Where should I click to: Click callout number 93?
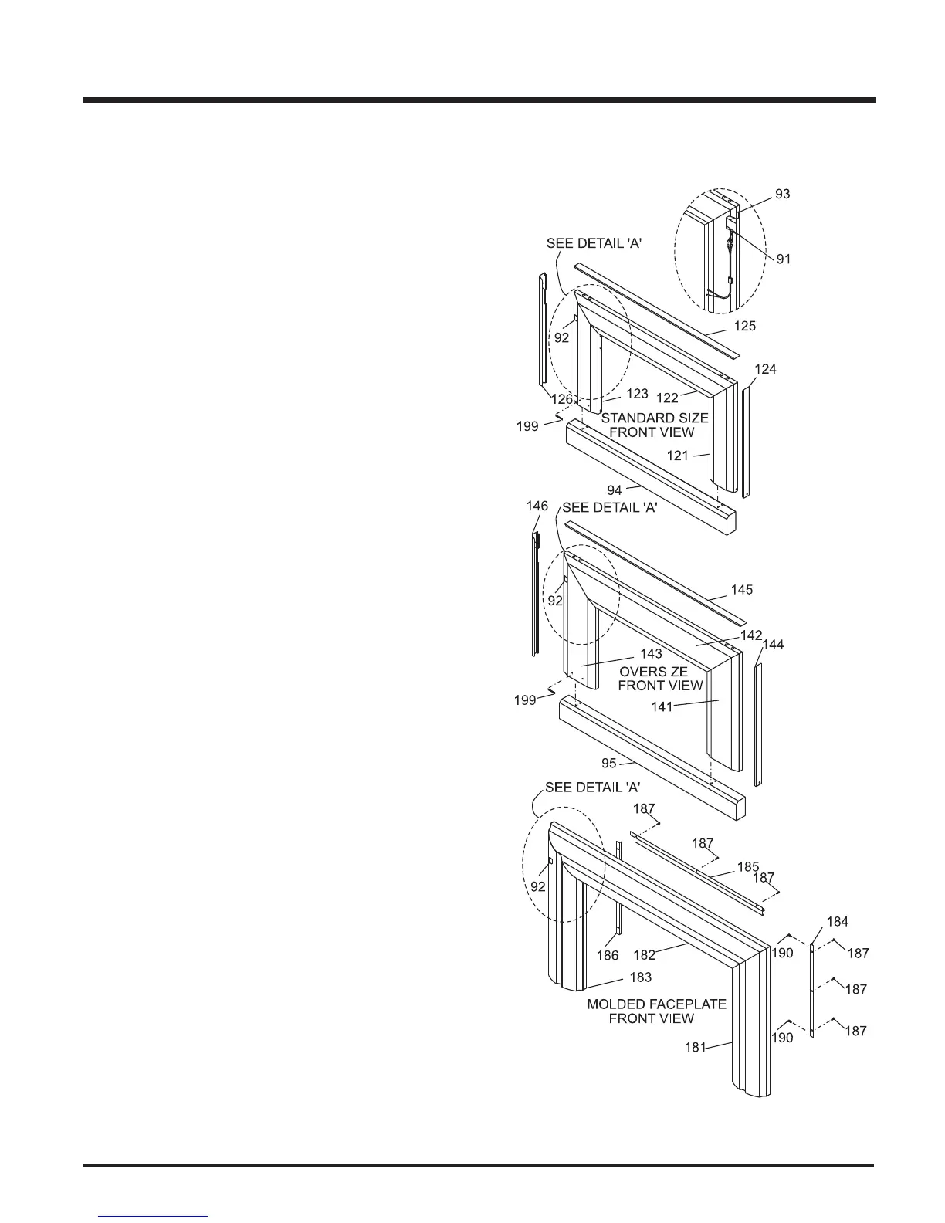(783, 194)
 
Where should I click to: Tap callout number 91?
(784, 259)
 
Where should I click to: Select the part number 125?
(745, 326)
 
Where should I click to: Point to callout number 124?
(765, 370)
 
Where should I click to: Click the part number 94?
(615, 490)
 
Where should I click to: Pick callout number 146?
(537, 506)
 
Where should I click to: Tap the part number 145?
(742, 589)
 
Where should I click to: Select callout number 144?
(773, 644)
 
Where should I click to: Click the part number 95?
(609, 764)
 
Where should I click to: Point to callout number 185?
(748, 866)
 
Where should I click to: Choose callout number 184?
(838, 921)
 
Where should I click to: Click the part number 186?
(608, 956)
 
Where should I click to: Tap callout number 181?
(696, 1048)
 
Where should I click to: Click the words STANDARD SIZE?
(655, 418)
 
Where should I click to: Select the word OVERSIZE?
(653, 672)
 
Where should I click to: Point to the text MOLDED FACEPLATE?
(656, 1004)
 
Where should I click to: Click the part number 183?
(640, 977)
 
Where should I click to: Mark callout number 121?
(677, 456)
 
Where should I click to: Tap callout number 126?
(561, 400)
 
